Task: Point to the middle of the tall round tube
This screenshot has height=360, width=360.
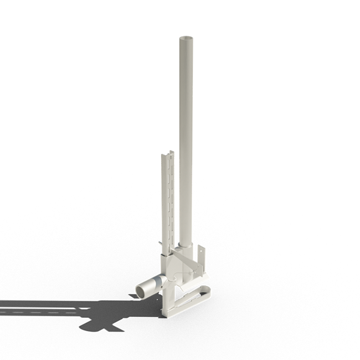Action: pyautogui.click(x=185, y=138)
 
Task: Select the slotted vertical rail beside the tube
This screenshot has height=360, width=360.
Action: pyautogui.click(x=167, y=199)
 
